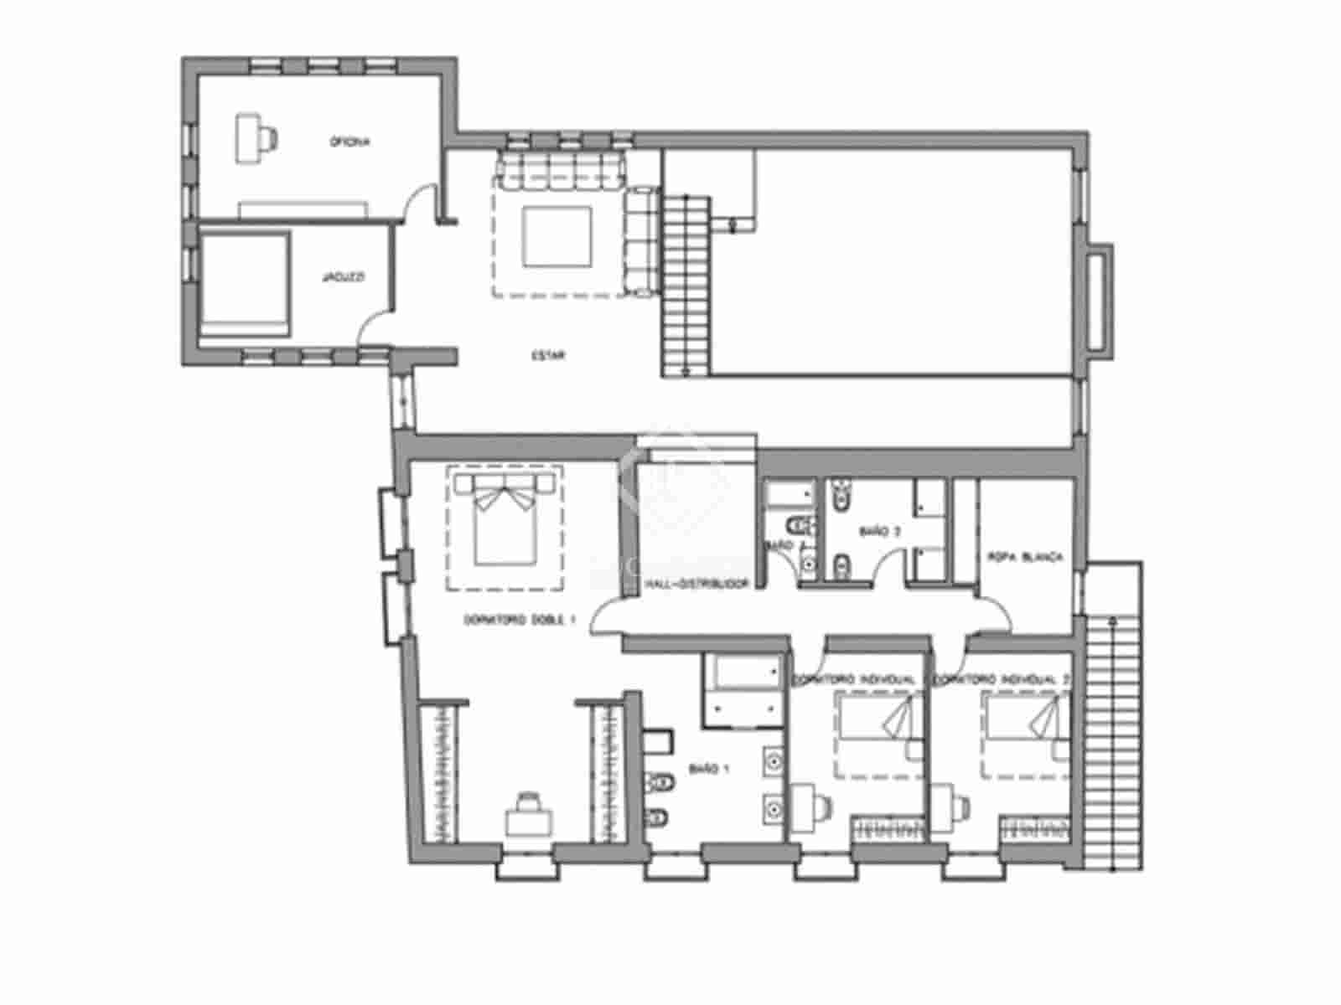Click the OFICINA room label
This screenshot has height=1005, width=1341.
pos(349,142)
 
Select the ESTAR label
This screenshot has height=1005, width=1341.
pos(548,355)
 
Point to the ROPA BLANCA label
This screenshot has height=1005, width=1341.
pos(1026,556)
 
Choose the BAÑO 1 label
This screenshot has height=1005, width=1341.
pos(706,768)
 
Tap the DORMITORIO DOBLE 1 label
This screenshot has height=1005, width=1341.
pos(520,621)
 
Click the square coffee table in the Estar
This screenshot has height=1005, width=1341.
pos(557,236)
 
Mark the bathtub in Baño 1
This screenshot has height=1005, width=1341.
pos(743,688)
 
